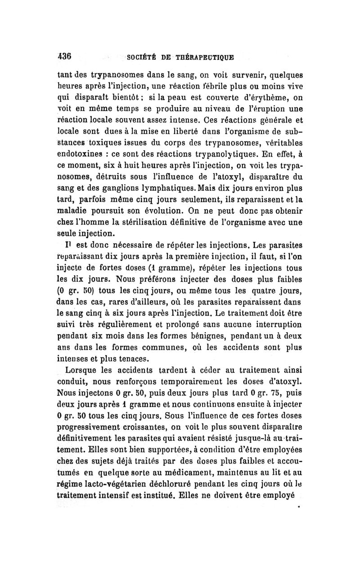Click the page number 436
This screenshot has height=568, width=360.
click(65, 57)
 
